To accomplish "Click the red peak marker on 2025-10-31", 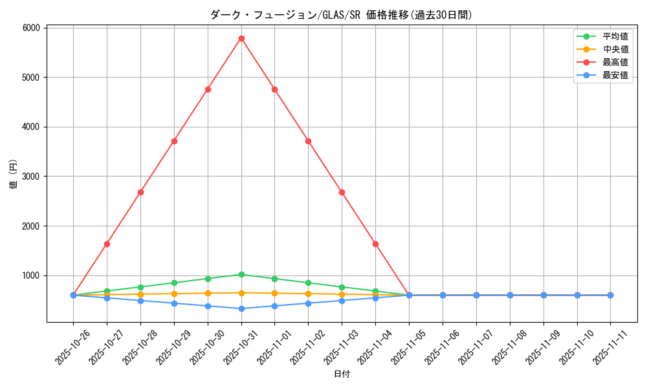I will tap(241, 38).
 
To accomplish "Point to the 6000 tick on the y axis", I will tap(31, 28).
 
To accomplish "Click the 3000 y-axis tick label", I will tap(31, 177).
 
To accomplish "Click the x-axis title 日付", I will tap(342, 374).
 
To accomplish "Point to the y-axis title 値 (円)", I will tap(14, 175).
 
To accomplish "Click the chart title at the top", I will tap(341, 15).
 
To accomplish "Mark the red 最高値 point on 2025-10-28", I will tap(140, 192).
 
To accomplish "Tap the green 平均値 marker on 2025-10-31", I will tap(241, 274).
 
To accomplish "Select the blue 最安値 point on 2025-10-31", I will tap(241, 308).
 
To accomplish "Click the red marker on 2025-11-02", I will tap(308, 141).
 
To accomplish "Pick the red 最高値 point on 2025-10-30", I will tap(208, 89).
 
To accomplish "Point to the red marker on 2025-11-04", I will tap(375, 244).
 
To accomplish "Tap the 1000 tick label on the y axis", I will tap(31, 275).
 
